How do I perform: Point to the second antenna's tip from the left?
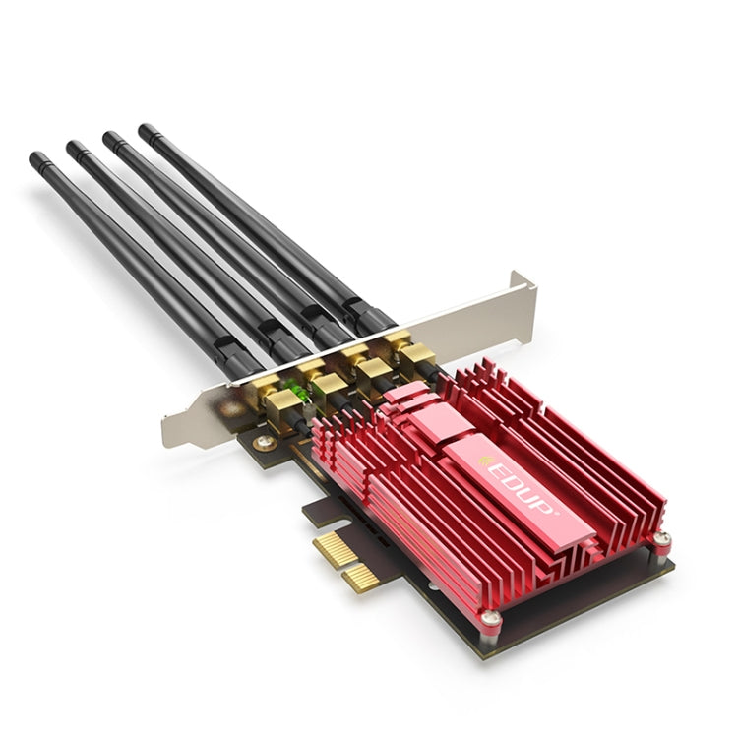[x=73, y=147]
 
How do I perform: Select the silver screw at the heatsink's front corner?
[x=488, y=618]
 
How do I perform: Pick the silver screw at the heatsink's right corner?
[x=662, y=538]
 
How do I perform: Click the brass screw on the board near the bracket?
[x=264, y=443]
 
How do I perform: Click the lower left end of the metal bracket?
[x=175, y=433]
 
